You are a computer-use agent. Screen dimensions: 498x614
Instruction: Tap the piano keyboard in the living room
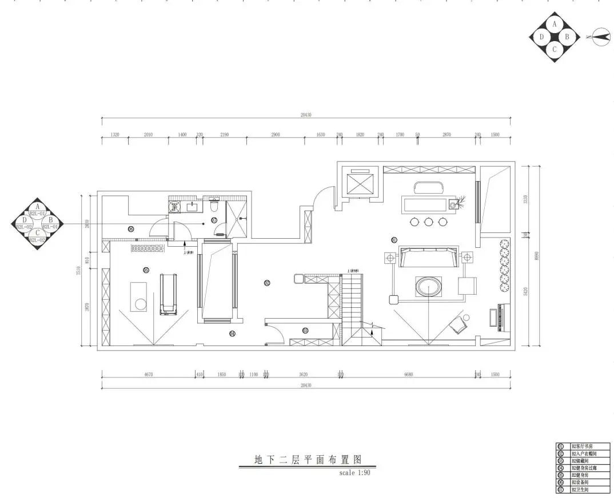coord(494,318)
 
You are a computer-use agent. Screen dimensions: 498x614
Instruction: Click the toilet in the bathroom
coord(215,204)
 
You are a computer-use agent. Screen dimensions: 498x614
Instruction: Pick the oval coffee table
coord(428,287)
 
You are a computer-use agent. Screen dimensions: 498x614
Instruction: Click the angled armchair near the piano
coord(458,325)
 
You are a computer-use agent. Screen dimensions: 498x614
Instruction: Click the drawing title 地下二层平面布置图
coord(308,460)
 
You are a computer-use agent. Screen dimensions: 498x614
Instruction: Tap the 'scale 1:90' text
coord(354,473)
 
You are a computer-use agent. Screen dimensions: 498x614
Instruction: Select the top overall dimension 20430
coord(306,115)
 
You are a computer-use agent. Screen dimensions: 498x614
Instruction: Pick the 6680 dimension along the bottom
coord(408,375)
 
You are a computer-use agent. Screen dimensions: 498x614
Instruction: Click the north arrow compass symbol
coord(600,37)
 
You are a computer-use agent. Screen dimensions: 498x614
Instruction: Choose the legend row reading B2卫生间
coord(582,490)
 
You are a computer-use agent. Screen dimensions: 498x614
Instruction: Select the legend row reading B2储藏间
coord(582,460)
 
